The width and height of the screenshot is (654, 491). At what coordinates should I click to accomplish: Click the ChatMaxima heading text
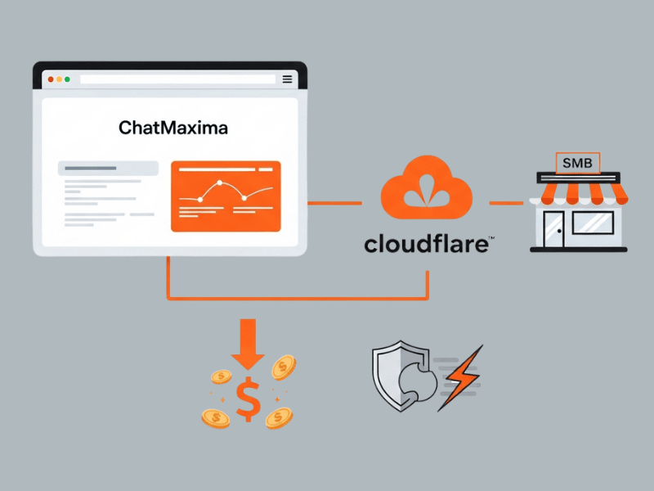coord(172,128)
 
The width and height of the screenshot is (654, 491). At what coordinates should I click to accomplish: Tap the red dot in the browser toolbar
coord(50,79)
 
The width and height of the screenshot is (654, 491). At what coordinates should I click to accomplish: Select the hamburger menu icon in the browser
coord(287,79)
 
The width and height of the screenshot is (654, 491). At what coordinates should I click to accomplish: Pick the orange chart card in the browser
coord(226,196)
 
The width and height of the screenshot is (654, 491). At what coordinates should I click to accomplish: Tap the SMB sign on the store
coord(578,163)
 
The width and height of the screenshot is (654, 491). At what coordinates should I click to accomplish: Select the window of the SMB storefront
coord(593,222)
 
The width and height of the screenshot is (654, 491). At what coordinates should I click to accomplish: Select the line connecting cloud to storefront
coord(506,202)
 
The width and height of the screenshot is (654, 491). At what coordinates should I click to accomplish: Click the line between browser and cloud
coord(334,202)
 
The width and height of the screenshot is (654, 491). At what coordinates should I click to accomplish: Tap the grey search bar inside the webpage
coord(108,169)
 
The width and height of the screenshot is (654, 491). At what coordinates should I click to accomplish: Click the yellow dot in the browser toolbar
coord(59,79)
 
